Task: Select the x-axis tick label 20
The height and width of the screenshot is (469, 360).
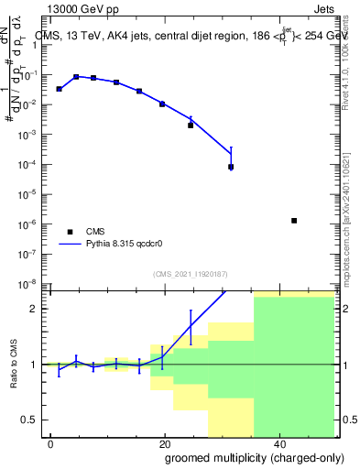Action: click(x=164, y=442)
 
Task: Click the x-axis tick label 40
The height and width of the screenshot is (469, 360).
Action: click(x=278, y=442)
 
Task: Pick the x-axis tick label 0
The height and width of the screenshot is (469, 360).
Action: click(x=51, y=442)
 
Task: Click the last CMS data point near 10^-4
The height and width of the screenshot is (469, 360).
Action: click(x=231, y=167)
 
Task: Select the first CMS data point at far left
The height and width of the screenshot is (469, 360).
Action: click(x=59, y=89)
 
